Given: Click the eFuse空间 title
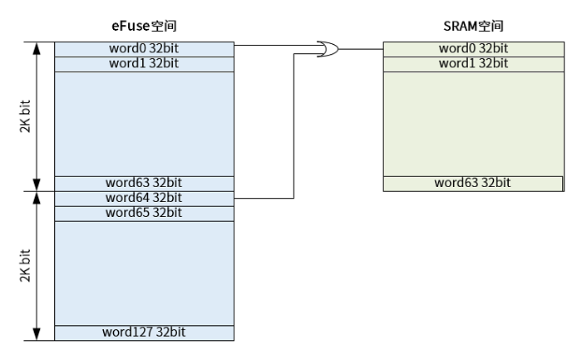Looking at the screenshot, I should pyautogui.click(x=143, y=26).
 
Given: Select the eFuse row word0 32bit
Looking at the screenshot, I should pyautogui.click(x=143, y=49).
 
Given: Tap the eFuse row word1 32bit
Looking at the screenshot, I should pyautogui.click(x=143, y=64).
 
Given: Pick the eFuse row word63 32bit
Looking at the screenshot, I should pyautogui.click(x=143, y=183).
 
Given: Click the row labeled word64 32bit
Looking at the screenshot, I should pyautogui.click(x=143, y=198).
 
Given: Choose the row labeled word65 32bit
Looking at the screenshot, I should pyautogui.click(x=143, y=213).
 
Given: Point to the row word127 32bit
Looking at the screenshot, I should pyautogui.click(x=143, y=333).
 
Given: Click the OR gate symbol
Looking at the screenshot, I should pyautogui.click(x=328, y=50).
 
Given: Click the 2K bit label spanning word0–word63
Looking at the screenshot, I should pyautogui.click(x=24, y=116).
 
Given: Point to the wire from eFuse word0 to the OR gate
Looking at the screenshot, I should pyautogui.click(x=274, y=45).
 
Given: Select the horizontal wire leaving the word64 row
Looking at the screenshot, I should pyautogui.click(x=264, y=199).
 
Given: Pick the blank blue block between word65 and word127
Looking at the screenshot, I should pyautogui.click(x=143, y=273).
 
